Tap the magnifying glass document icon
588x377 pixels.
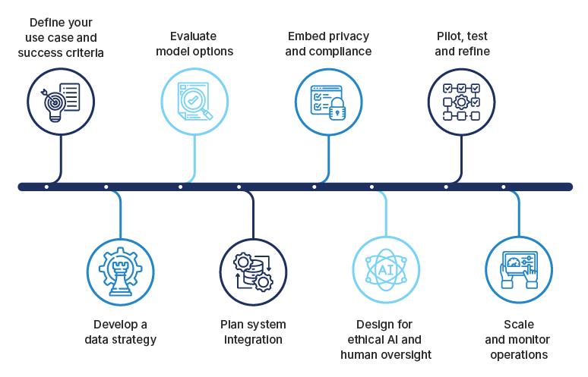[194, 101]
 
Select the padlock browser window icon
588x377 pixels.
[328, 101]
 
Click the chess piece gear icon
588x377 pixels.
[121, 271]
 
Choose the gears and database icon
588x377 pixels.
[254, 271]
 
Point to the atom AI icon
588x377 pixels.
[387, 271]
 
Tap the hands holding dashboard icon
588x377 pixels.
[519, 271]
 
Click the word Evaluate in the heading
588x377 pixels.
[194, 37]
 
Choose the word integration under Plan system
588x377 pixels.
[253, 340]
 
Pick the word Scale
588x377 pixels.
[519, 325]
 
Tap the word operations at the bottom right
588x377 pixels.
[519, 354]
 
